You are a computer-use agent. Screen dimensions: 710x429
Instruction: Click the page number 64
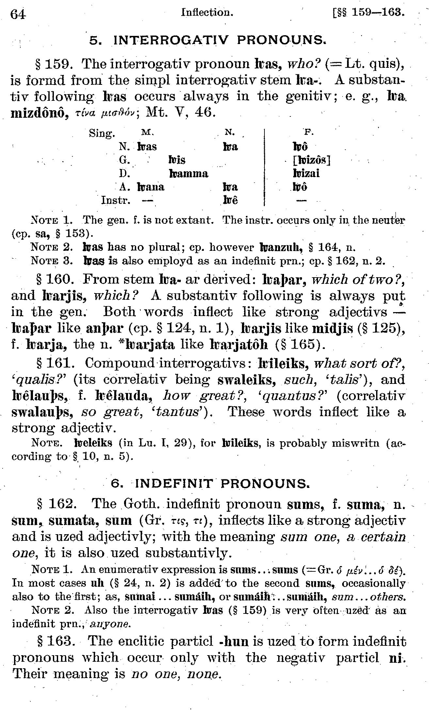click(18, 14)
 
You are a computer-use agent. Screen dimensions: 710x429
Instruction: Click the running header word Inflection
click(207, 12)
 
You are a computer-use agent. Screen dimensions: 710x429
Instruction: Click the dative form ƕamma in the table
click(189, 173)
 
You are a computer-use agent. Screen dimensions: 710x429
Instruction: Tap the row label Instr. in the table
click(116, 200)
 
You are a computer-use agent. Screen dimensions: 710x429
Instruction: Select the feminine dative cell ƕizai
click(306, 173)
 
